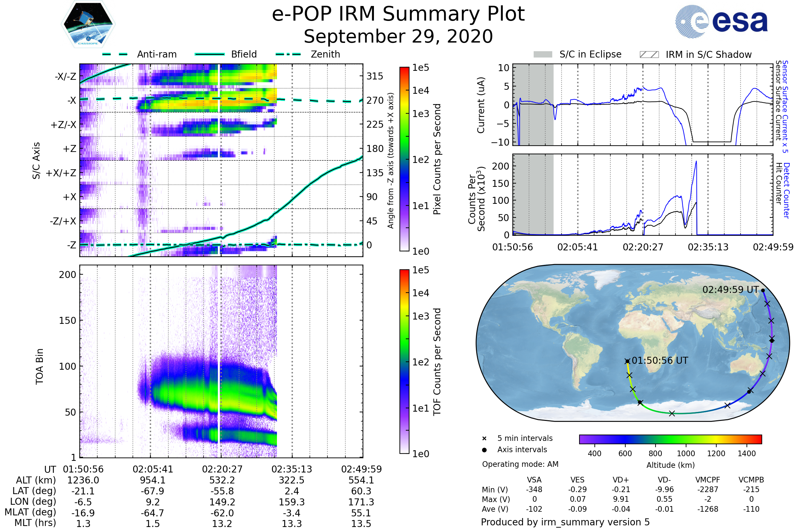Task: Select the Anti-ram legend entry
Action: pos(156,54)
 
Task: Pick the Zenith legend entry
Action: pos(325,54)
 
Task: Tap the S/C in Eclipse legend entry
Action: pos(590,54)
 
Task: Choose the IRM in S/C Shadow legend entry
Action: pos(708,55)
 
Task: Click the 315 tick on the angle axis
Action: pos(375,76)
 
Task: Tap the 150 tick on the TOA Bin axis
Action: pos(67,321)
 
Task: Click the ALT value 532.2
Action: pos(222,480)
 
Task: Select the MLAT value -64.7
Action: pos(153,513)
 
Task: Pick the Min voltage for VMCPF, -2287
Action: pos(708,489)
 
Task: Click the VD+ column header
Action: pos(621,480)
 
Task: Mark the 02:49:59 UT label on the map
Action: pos(731,290)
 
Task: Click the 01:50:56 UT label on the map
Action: pos(660,361)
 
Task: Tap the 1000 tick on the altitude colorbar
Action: pos(686,454)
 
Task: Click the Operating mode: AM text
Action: pos(520,464)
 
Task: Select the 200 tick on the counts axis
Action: pos(501,166)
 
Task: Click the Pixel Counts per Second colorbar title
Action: pos(437,159)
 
